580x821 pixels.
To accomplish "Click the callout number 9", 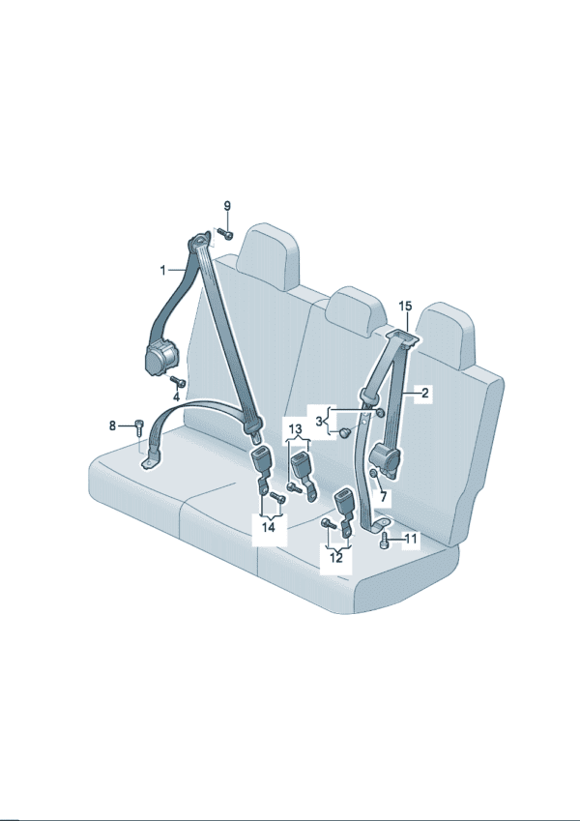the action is coord(226,206).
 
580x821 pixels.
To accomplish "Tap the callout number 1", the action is coord(162,270).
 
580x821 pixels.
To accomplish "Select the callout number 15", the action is coord(405,306).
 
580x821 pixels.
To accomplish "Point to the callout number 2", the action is coord(424,393).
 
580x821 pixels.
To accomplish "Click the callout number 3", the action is coord(319,421).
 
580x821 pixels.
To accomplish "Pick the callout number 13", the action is coord(295,430).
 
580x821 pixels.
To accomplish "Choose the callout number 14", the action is coord(268,527).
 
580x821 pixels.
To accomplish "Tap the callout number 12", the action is coord(336,558).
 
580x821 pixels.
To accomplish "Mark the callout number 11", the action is coord(412,539).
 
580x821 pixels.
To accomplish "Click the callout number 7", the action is coord(383,496).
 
